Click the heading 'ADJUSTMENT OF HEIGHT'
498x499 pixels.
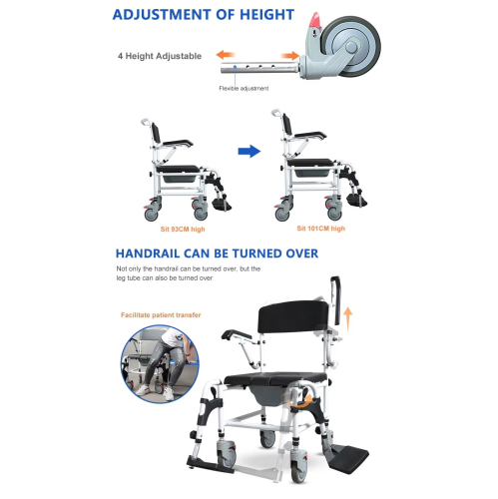pyautogui.click(x=204, y=15)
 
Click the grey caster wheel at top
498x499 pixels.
pyautogui.click(x=348, y=46)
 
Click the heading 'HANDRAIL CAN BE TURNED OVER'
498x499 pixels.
pyautogui.click(x=217, y=253)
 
